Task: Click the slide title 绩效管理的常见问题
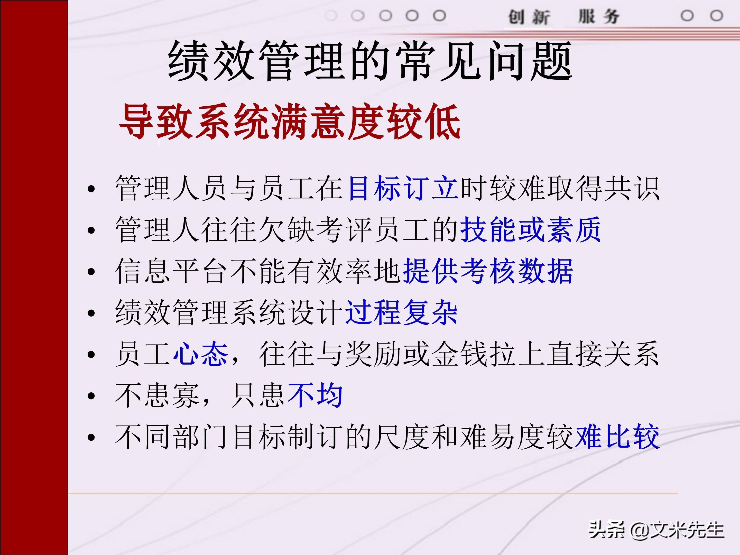370,61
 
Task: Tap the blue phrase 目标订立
403,188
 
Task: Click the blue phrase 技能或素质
531,229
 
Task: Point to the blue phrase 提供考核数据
488,271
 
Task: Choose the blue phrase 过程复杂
401,312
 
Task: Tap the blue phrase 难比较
617,437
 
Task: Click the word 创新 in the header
529,17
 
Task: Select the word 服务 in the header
599,17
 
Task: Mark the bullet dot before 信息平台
91,272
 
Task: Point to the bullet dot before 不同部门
91,437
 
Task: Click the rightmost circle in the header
716,15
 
